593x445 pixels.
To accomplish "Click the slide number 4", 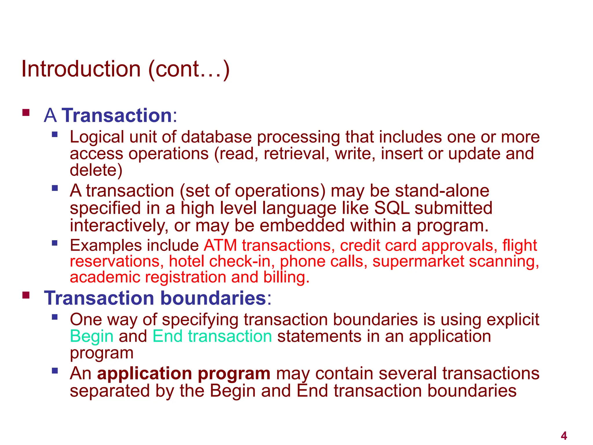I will (x=564, y=436).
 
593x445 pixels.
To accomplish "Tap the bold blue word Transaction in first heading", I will (x=117, y=115).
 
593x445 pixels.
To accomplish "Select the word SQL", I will (x=392, y=208).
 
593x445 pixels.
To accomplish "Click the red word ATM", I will (x=220, y=245).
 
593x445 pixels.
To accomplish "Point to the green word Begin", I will (x=91, y=336).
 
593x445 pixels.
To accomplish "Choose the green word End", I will (x=167, y=336).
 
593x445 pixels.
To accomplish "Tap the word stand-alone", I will (x=442, y=191).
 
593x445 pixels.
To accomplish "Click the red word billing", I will (x=286, y=277).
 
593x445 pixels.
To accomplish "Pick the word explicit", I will (x=513, y=320).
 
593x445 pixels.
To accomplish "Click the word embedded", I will (x=302, y=225).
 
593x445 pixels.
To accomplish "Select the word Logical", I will (x=97, y=137).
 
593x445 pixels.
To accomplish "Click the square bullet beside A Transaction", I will (x=26, y=112).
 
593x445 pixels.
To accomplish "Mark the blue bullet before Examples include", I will (x=55, y=243).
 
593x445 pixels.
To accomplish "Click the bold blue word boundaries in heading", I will (x=213, y=298).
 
